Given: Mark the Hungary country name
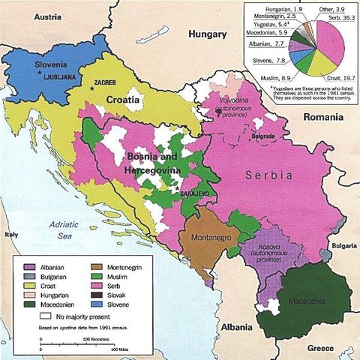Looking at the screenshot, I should click(208, 34).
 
